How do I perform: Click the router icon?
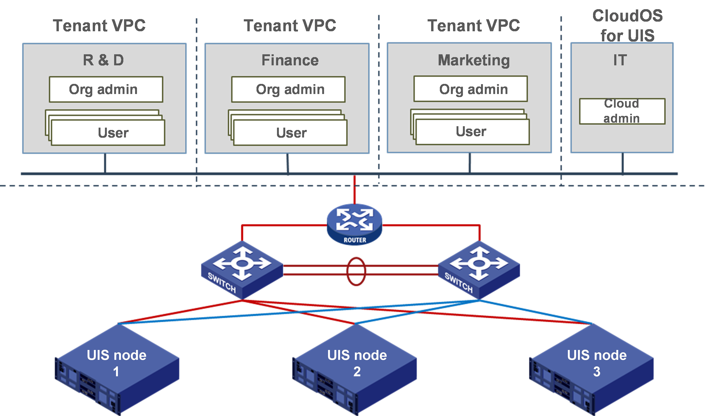point(354,224)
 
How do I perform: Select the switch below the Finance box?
point(242,269)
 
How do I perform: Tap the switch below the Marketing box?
point(479,269)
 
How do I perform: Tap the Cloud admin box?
point(622,111)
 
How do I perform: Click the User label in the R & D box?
point(113,133)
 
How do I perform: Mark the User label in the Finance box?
point(292,133)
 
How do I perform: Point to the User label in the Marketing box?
point(471,131)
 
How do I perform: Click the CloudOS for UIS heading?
point(628,26)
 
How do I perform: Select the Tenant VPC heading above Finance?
point(290,26)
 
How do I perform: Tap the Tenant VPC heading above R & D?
point(99,26)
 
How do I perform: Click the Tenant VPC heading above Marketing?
point(474,26)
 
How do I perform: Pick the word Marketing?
point(474,60)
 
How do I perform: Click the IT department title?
point(620,60)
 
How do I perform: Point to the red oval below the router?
point(356,272)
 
